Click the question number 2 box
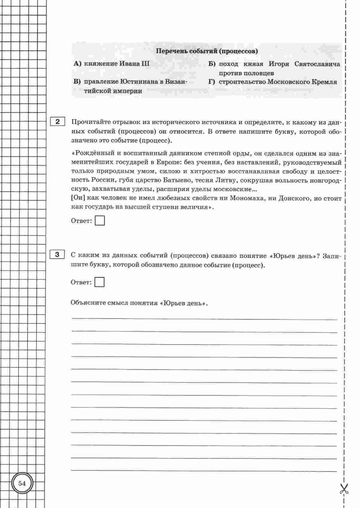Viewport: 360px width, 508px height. [57, 122]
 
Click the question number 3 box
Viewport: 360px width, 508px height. [57, 255]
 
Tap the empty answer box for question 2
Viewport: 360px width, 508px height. [100, 221]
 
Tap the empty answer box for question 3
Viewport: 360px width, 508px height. [99, 282]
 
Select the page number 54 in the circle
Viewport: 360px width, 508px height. [22, 483]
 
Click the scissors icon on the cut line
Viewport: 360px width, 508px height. [344, 489]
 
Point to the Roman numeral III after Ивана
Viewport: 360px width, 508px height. [143, 64]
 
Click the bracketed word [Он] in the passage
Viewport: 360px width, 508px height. [77, 198]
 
